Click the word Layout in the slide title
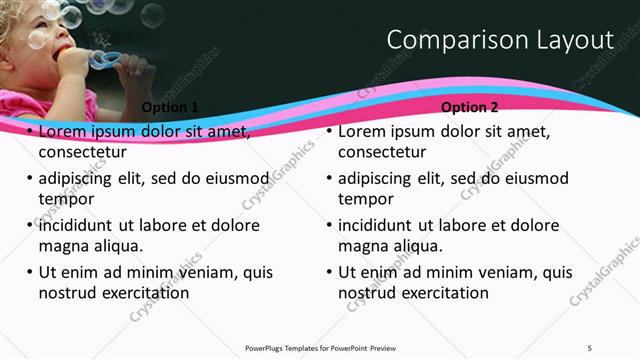[x=577, y=40]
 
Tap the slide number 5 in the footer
[x=590, y=347]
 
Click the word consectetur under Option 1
[x=82, y=153]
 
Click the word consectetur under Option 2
[x=382, y=153]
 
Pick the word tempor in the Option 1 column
[x=64, y=199]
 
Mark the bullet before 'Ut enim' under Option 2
[x=329, y=272]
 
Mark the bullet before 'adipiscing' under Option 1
[x=29, y=178]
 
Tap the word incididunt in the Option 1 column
[x=79, y=225]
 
